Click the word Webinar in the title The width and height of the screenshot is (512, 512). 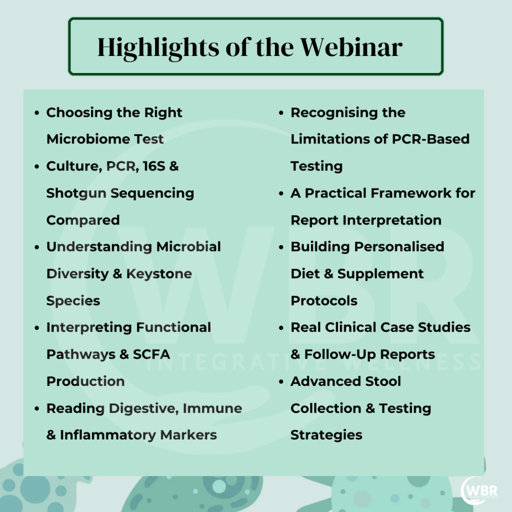pyautogui.click(x=351, y=47)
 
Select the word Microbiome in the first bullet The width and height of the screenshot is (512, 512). pyautogui.click(x=87, y=139)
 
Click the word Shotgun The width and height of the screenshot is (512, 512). pyautogui.click(x=76, y=193)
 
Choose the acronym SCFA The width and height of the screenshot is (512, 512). pyautogui.click(x=151, y=354)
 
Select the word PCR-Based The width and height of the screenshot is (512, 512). pyautogui.click(x=430, y=139)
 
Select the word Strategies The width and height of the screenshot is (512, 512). pyautogui.click(x=326, y=435)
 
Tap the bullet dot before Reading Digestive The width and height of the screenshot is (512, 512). pyautogui.click(x=36, y=408)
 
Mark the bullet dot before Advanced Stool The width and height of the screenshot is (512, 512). pyautogui.click(x=281, y=381)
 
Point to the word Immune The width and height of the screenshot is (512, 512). pyautogui.click(x=212, y=408)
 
